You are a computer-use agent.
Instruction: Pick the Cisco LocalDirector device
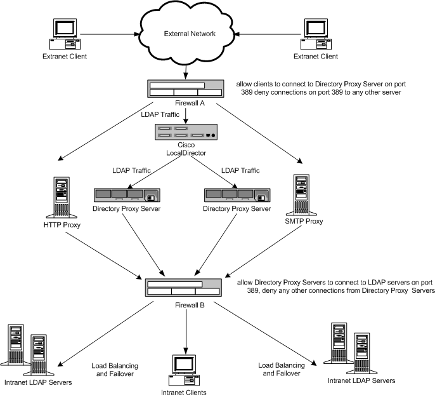point(186,132)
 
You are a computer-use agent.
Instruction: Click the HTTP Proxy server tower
point(61,194)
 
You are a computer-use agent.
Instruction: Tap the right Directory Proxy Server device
point(235,196)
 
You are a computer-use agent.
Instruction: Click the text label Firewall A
point(186,104)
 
